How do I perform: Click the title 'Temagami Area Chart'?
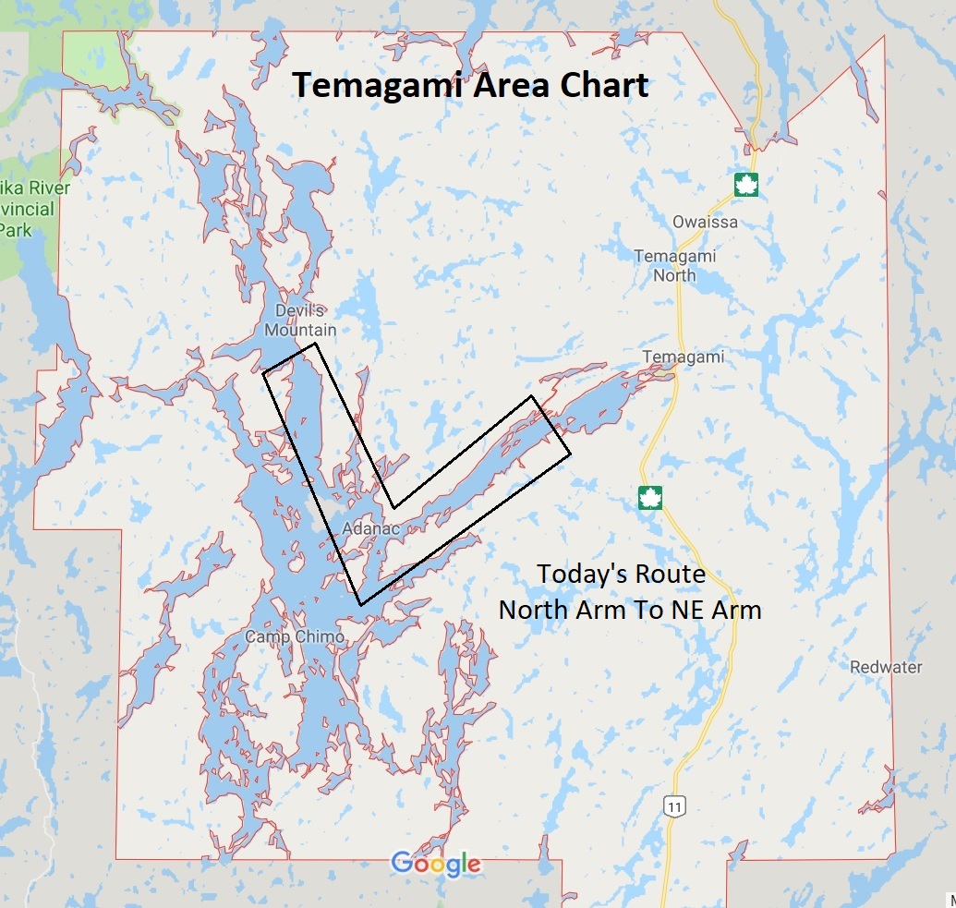[471, 85]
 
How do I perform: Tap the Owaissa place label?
[705, 222]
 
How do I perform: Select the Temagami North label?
[675, 265]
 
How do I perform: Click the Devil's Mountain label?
[300, 321]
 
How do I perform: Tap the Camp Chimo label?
[295, 636]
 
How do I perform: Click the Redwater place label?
[886, 667]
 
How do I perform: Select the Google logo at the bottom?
[436, 864]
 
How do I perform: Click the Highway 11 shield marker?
[675, 806]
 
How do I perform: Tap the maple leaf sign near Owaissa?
[745, 185]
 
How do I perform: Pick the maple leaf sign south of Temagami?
[650, 498]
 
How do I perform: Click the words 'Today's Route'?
[622, 574]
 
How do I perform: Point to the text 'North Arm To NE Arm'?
[630, 610]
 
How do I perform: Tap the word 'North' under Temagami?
[675, 275]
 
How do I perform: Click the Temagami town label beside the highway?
[683, 357]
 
